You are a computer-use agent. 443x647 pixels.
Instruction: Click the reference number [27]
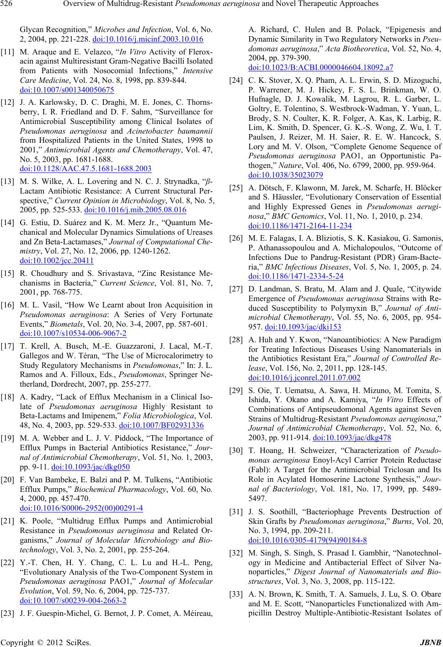click(237, 289)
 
